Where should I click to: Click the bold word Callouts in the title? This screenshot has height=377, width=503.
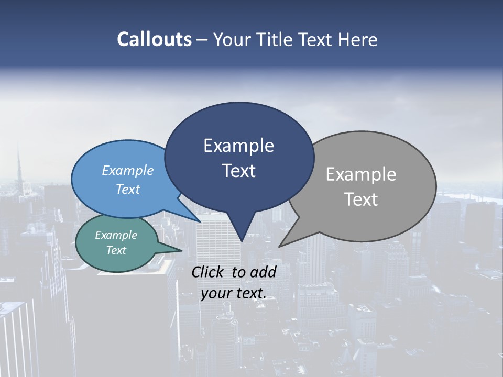pyautogui.click(x=154, y=39)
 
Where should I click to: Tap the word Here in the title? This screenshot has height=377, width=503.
pyautogui.click(x=358, y=39)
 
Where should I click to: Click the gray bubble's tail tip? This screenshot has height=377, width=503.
pyautogui.click(x=280, y=246)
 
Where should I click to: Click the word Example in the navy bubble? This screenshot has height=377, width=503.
pyautogui.click(x=239, y=146)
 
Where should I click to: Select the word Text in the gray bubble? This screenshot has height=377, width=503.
pyautogui.click(x=362, y=199)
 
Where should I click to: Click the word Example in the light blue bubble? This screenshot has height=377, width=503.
pyautogui.click(x=128, y=170)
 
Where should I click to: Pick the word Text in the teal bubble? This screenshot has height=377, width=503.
pyautogui.click(x=116, y=250)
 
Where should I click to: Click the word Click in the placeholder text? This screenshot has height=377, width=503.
pyautogui.click(x=209, y=272)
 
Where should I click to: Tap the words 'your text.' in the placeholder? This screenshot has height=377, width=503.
pyautogui.click(x=234, y=293)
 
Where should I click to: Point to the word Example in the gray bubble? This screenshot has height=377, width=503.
pyautogui.click(x=361, y=174)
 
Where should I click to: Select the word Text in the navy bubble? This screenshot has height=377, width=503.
pyautogui.click(x=239, y=171)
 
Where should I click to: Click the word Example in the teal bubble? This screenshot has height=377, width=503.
pyautogui.click(x=116, y=235)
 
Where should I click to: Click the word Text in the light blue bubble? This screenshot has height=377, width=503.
pyautogui.click(x=128, y=189)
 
